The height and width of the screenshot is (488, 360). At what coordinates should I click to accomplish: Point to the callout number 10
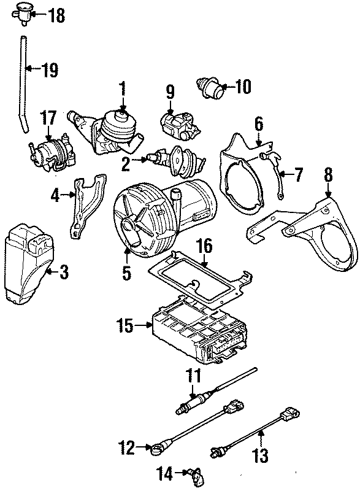point(242,87)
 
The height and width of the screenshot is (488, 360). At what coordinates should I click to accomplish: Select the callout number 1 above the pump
point(123,87)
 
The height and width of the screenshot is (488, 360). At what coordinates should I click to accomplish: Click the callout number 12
point(126,449)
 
